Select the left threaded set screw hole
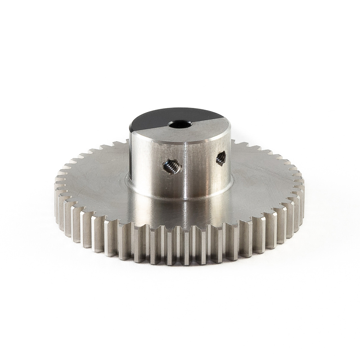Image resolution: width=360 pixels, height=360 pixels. (x=172, y=167)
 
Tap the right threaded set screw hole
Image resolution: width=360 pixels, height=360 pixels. (x=221, y=158)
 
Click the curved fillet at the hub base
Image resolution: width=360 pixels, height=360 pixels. (x=180, y=198)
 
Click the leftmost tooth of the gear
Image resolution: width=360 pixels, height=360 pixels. (x=57, y=189)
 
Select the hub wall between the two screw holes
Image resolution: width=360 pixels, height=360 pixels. (x=198, y=166)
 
